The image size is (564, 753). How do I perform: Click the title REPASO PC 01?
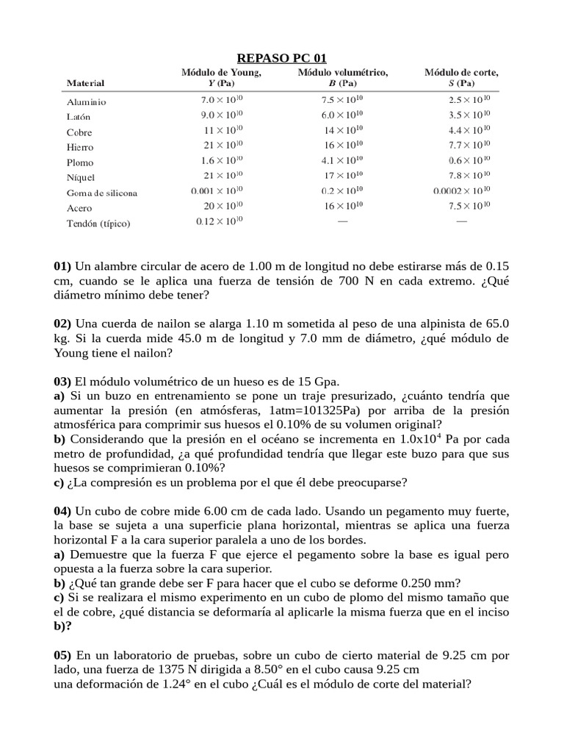(x=282, y=58)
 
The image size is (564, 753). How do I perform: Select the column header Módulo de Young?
(x=221, y=73)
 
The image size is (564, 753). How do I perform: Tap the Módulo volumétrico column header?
(x=342, y=73)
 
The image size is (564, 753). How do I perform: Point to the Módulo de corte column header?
(x=462, y=73)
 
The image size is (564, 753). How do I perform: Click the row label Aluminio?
(x=87, y=102)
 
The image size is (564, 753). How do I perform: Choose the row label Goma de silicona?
(x=102, y=193)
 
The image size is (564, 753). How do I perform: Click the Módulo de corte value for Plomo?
(x=464, y=161)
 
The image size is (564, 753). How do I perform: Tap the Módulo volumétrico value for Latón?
(x=342, y=115)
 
